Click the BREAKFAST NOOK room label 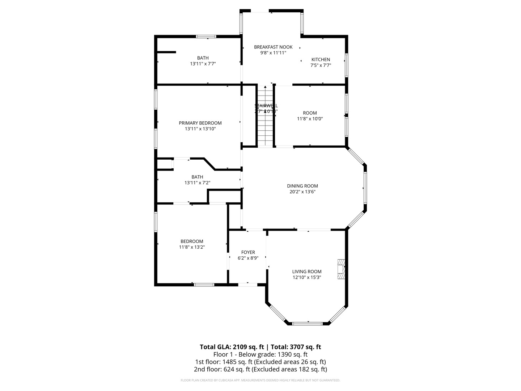[273, 47]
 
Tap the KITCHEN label [321, 60]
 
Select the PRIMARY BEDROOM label [200, 123]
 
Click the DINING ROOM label [302, 186]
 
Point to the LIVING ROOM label [307, 272]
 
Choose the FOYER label [248, 252]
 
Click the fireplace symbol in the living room [341, 269]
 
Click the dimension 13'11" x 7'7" [203, 64]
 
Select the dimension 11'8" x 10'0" [310, 119]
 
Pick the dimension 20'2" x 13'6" [302, 192]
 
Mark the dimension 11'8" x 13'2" [192, 247]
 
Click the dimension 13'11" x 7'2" [197, 183]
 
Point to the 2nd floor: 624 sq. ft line [260, 369]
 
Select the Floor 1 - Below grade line [260, 354]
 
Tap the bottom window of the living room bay [307, 323]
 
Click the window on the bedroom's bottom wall [204, 285]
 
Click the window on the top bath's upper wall [206, 37]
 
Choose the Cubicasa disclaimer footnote [260, 381]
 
